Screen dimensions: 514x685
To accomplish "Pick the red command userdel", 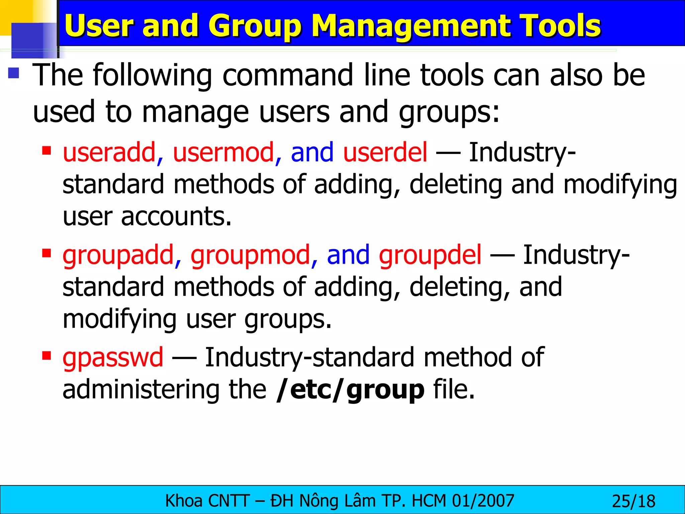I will coord(385,152).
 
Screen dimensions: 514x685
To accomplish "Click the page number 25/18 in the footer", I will coord(633,501).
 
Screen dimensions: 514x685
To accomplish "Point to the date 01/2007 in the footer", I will coord(483,501).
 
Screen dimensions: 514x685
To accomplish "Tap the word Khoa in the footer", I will coord(184,501).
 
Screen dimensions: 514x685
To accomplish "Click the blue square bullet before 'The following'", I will coord(14,73).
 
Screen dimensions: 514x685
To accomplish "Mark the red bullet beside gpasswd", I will coord(46,355).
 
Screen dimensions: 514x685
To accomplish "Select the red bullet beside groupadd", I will coord(46,253).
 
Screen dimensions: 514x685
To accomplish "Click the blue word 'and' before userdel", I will coord(312,152).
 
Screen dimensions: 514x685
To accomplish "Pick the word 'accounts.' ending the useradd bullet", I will coord(176,217).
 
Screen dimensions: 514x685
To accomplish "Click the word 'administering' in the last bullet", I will coord(140,390).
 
